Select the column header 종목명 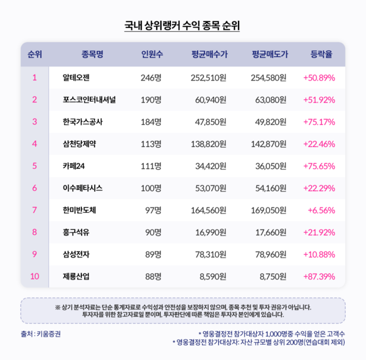[92, 54]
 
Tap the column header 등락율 [321, 54]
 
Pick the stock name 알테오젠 [76, 77]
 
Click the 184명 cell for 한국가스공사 [151, 121]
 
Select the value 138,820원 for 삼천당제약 [209, 144]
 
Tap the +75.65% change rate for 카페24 [319, 166]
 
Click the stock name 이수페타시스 [84, 188]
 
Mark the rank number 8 [35, 232]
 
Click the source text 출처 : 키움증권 [40, 334]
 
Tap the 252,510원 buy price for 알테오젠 [209, 77]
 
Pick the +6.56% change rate [322, 211]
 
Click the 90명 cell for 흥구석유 [152, 232]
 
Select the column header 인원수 [151, 54]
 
